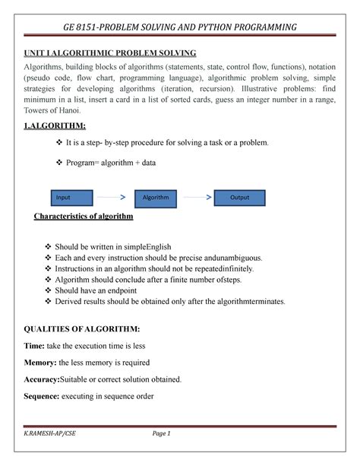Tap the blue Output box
coord(240,198)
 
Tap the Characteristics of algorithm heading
coord(84,217)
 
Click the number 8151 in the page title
coord(86,28)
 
